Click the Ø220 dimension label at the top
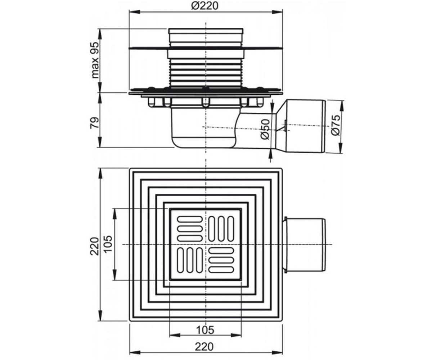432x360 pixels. [204, 6]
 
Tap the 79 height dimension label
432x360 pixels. [95, 123]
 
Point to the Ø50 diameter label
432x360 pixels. [265, 129]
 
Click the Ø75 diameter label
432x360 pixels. [336, 125]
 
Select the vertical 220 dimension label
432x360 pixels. [95, 246]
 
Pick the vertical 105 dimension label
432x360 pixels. [108, 244]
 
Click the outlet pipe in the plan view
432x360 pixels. [304, 245]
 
